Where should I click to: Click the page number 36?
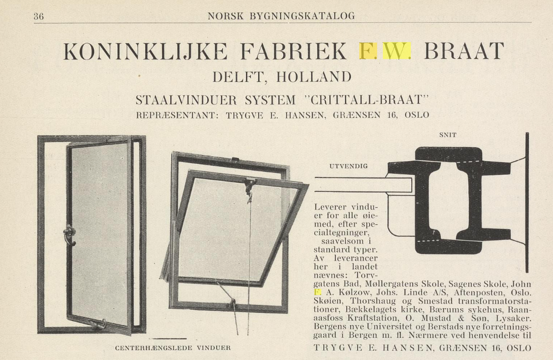click(x=39, y=16)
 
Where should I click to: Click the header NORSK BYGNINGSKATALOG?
click(x=281, y=16)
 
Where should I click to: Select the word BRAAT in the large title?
click(x=464, y=51)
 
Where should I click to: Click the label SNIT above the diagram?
click(x=447, y=135)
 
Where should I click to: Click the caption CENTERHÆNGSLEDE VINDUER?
click(x=173, y=348)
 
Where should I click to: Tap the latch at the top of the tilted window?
click(x=249, y=184)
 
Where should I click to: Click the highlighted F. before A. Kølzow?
click(x=317, y=292)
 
